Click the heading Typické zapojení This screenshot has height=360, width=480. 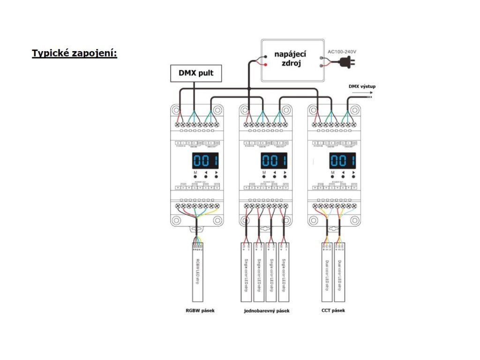point(74,53)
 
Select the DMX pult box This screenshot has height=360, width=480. point(195,73)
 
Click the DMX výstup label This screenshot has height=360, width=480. point(362,86)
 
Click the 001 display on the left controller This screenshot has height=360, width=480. point(205,161)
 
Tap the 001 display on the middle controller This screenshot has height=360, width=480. point(274,161)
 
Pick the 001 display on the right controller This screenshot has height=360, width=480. point(342,161)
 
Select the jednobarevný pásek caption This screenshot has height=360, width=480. point(267,310)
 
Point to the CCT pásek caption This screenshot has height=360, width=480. point(333,310)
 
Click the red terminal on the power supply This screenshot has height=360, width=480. point(266,64)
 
